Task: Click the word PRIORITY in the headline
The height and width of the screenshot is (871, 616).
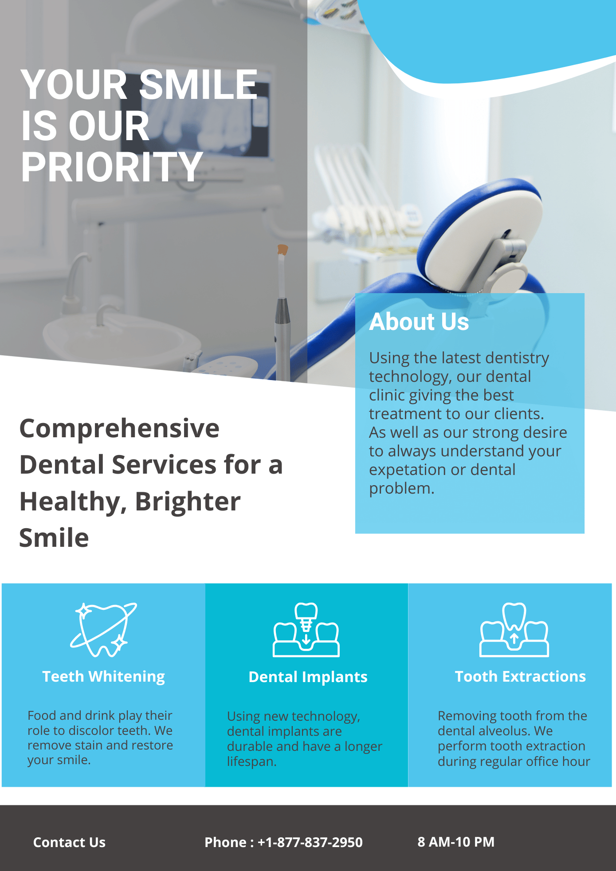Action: point(112,167)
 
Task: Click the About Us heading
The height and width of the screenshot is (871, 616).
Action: point(419,322)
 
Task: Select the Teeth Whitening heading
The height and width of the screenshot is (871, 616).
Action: point(103,677)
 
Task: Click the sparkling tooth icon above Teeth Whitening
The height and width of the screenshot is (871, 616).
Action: point(104,629)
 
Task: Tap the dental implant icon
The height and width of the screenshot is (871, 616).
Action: point(306,630)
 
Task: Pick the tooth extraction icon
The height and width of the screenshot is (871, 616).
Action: point(514,630)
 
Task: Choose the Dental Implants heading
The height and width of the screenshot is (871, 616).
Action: point(308,677)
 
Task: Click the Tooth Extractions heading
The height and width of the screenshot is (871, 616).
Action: point(520,677)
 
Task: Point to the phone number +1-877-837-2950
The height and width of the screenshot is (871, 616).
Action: point(310,842)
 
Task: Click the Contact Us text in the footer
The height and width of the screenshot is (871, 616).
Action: point(69,842)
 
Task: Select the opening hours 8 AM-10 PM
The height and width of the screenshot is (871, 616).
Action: point(456,842)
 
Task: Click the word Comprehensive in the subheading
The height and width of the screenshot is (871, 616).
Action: point(119,429)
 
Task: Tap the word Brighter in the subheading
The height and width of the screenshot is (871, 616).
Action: point(188,502)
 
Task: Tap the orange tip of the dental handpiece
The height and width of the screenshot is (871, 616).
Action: point(282,249)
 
